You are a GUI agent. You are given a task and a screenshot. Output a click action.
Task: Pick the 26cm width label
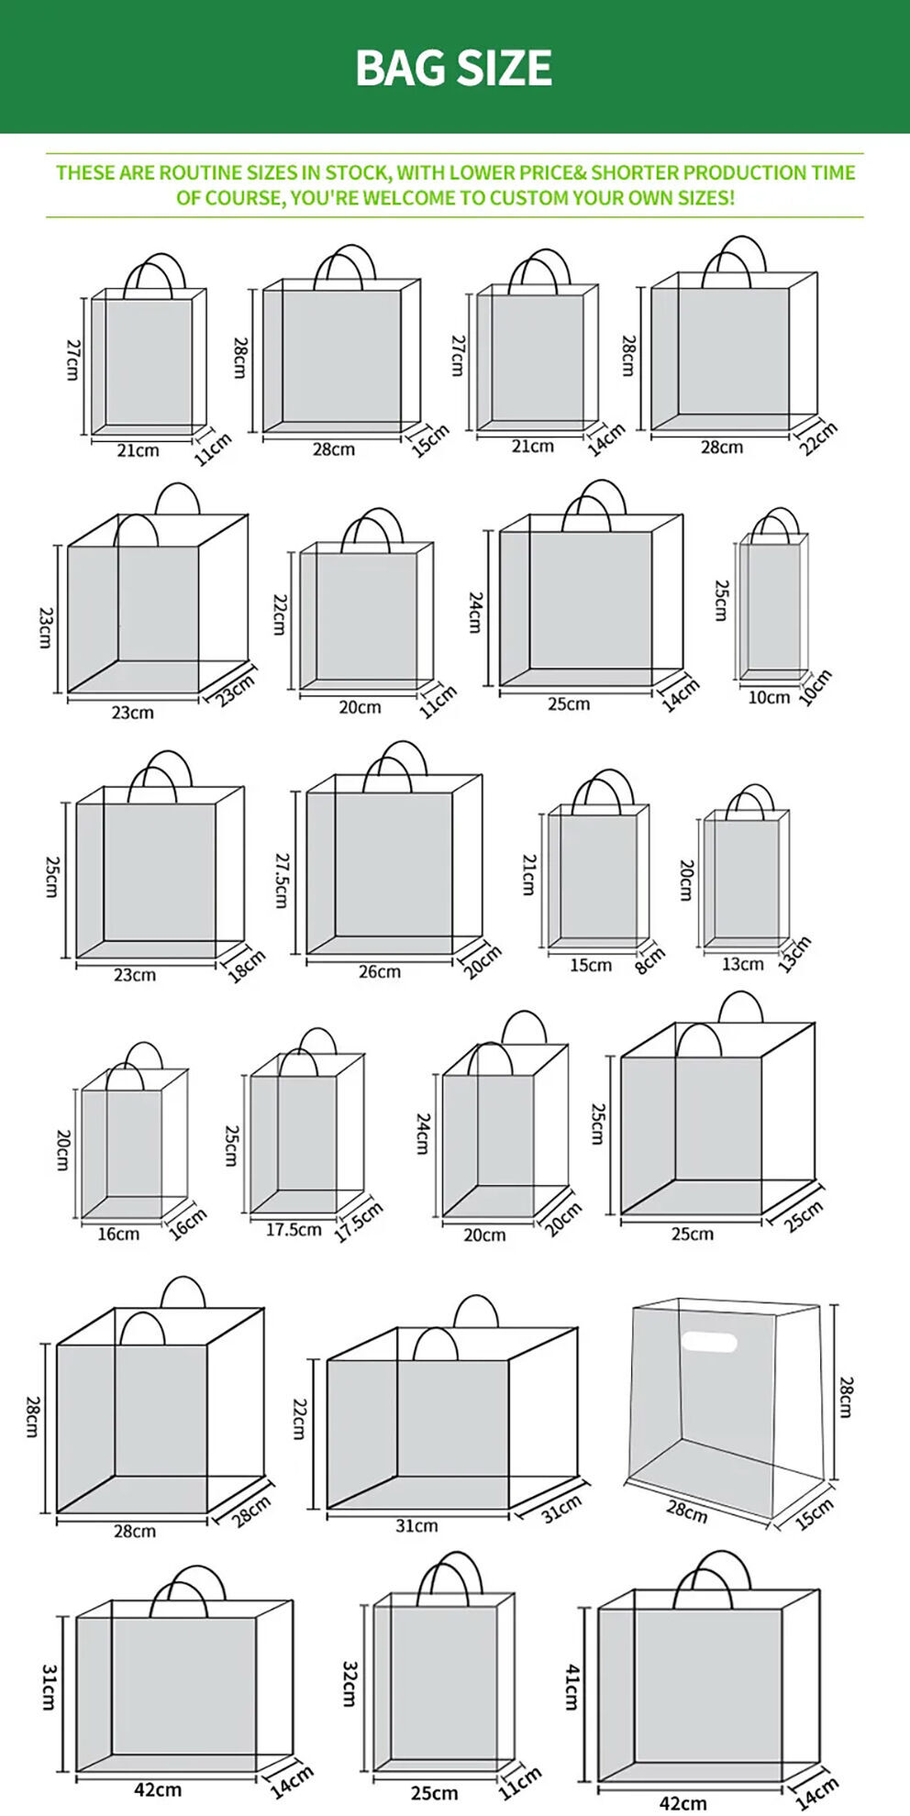[380, 971]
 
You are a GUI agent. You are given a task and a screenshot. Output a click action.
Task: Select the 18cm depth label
[246, 966]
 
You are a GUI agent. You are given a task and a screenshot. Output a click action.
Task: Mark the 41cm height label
[572, 1688]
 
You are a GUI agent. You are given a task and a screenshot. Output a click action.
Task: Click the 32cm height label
[350, 1684]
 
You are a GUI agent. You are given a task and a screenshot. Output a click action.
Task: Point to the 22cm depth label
[818, 438]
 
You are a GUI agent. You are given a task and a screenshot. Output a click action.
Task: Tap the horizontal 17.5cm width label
[294, 1229]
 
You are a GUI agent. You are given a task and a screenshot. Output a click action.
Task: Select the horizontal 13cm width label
[743, 964]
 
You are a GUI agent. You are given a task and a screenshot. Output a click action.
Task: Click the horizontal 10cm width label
[769, 697]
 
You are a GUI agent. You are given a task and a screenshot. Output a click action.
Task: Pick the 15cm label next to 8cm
[591, 965]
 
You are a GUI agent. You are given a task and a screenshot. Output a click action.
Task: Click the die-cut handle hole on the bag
[709, 1343]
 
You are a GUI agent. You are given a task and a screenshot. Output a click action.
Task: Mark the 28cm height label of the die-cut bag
[846, 1397]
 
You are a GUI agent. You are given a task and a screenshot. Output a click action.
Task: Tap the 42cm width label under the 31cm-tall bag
[158, 1789]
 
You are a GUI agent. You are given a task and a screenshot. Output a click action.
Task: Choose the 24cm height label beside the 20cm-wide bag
[423, 1134]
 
